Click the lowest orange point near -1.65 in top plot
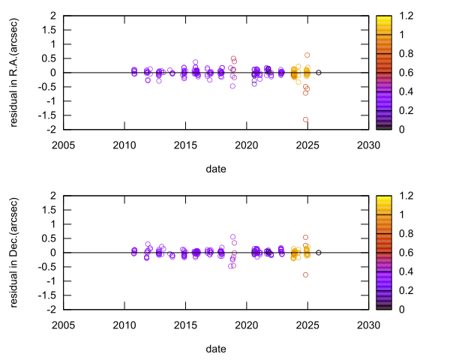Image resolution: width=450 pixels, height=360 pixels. coord(306,119)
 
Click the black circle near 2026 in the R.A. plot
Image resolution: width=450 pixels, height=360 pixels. coord(319,73)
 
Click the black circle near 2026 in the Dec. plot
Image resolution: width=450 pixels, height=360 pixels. coord(319,253)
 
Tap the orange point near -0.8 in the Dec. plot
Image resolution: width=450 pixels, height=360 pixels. coord(306,274)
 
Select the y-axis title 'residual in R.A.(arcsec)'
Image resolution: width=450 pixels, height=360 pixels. coord(14,72)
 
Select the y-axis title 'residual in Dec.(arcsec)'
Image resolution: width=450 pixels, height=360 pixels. coord(14,252)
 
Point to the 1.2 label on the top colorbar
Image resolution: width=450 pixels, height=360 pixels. coord(403,16)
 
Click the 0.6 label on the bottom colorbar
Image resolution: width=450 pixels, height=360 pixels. coord(403,252)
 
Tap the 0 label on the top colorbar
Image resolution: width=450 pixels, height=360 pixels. coord(397,129)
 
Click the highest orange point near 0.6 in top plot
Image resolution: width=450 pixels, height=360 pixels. coord(307,55)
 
